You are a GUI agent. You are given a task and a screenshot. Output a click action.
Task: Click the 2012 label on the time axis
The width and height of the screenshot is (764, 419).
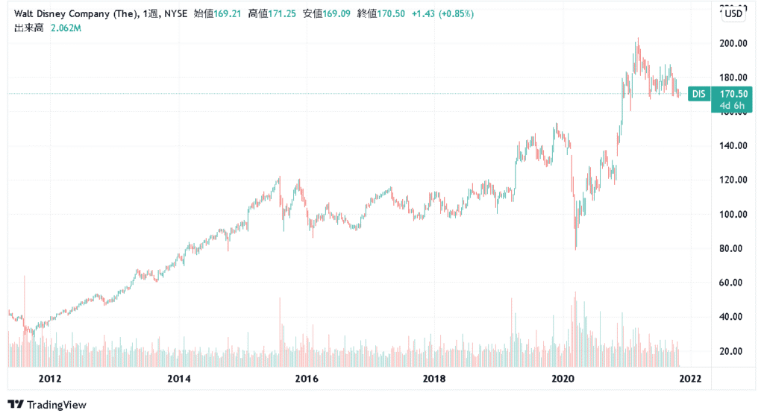pyautogui.click(x=50, y=379)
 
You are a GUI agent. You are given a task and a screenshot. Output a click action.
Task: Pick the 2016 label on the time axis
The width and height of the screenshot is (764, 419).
pyautogui.click(x=307, y=379)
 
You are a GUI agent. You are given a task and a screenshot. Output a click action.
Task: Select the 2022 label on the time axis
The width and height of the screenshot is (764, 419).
pyautogui.click(x=690, y=379)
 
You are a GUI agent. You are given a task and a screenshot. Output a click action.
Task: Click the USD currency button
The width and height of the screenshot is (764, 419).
pyautogui.click(x=733, y=13)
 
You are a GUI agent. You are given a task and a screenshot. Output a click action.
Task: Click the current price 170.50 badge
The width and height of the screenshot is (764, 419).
pyautogui.click(x=734, y=94)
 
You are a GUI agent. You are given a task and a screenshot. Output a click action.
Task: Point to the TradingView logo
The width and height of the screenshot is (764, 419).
pyautogui.click(x=47, y=405)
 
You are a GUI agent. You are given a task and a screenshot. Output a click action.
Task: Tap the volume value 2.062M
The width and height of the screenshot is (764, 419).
pyautogui.click(x=66, y=28)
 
